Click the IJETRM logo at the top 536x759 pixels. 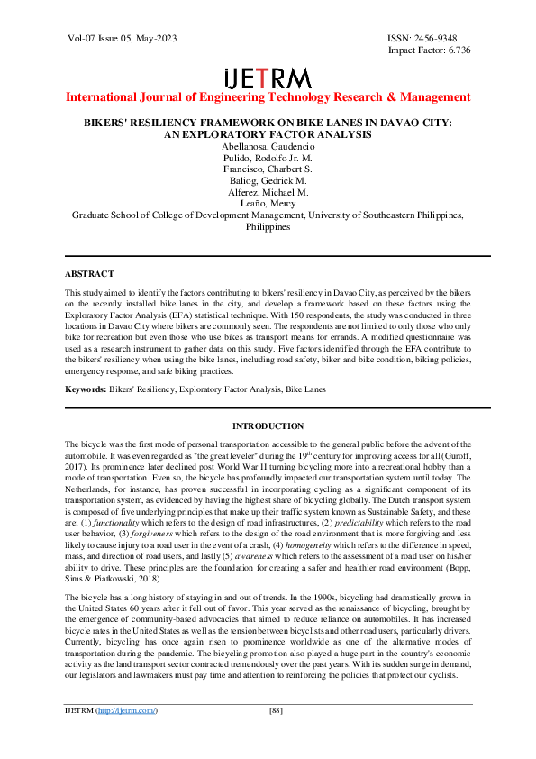coord(268,78)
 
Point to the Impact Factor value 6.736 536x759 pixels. coord(454,50)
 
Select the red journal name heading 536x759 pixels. coord(268,96)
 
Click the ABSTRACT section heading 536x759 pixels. coord(89,273)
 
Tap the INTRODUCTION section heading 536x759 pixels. coord(268,425)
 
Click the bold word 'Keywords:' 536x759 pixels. coord(88,389)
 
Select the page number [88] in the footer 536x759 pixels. coord(277,736)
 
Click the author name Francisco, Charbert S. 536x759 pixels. coord(268,169)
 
